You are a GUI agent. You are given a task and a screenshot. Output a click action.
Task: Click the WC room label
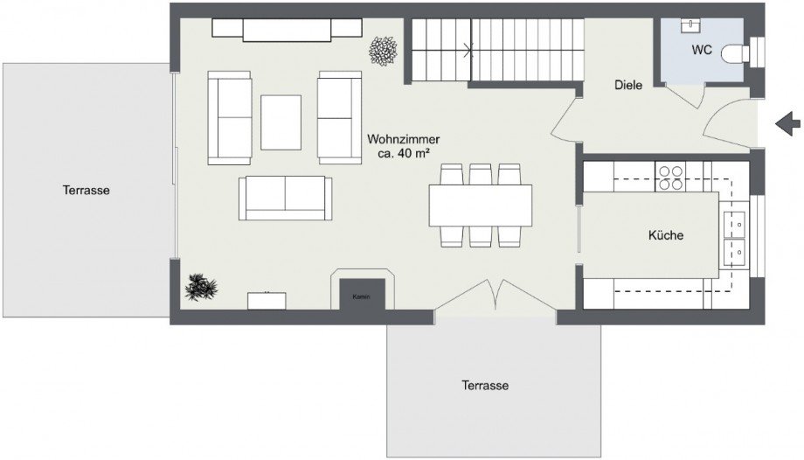(x=702, y=50)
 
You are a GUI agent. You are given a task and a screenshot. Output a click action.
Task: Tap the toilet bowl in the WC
(x=732, y=53)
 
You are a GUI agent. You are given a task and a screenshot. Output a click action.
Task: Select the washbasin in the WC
(x=690, y=25)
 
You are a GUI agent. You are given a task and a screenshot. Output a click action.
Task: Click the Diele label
(x=628, y=85)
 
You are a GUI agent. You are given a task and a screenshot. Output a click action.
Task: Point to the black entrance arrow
(x=787, y=123)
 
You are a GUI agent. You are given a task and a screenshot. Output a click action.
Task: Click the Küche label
(x=666, y=235)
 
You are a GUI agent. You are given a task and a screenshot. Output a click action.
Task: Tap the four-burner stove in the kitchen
(x=670, y=178)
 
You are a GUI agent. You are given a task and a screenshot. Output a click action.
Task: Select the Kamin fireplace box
(x=362, y=294)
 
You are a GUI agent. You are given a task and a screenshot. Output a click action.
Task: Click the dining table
(x=481, y=206)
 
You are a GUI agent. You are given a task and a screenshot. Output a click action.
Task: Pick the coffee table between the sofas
(x=281, y=122)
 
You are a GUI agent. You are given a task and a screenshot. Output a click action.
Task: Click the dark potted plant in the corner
(x=201, y=287)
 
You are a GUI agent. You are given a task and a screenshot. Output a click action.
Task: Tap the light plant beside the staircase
(x=383, y=51)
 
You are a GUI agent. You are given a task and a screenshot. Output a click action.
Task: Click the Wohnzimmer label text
(x=403, y=139)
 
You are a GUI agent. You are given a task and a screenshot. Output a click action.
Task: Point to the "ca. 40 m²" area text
(x=403, y=153)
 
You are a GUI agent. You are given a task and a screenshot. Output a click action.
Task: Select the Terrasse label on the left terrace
(x=87, y=190)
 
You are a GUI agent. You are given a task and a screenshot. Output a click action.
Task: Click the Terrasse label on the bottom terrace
(x=485, y=385)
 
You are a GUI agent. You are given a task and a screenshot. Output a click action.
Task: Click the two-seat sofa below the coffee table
(x=285, y=199)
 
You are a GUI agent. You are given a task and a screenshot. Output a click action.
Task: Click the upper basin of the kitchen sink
(x=734, y=225)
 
